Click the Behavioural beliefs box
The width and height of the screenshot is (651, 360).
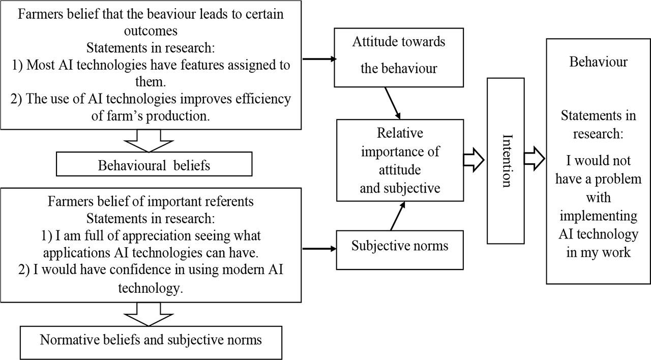154,165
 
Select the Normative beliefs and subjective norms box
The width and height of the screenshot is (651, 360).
151,340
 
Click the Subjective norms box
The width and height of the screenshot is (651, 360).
400,247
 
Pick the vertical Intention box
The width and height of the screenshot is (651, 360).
506,161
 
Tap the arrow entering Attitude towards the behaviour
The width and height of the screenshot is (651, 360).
319,59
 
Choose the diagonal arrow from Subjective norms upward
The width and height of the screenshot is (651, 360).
398,216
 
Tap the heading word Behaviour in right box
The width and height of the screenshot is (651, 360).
598,62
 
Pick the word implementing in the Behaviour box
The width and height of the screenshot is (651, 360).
598,216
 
